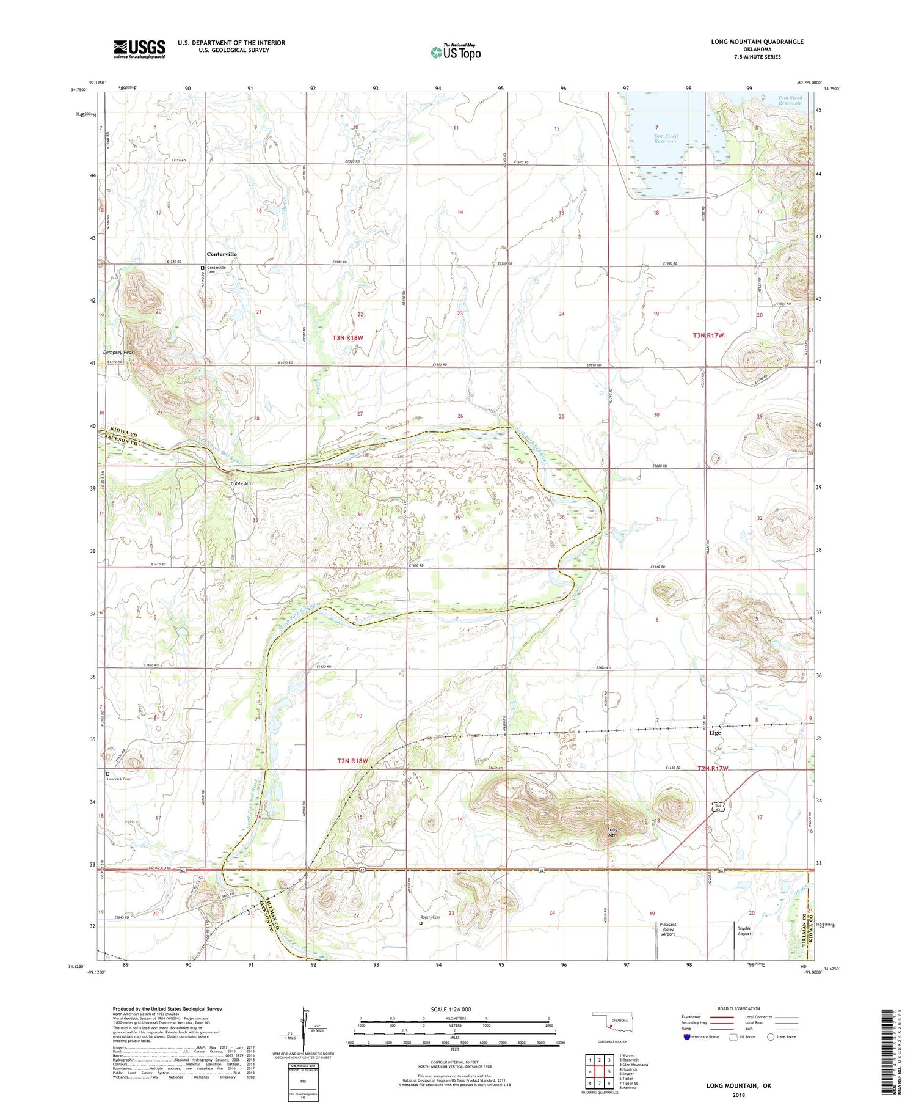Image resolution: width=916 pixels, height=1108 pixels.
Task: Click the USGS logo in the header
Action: pos(139,49)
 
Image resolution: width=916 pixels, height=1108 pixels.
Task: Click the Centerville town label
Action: pos(221,254)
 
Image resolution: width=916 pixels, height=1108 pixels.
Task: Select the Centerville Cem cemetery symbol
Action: pos(203,268)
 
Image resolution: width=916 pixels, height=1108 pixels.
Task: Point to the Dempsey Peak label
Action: pos(118,353)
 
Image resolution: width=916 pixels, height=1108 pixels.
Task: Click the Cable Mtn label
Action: pos(241,483)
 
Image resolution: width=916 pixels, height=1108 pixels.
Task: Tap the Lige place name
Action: pos(715,733)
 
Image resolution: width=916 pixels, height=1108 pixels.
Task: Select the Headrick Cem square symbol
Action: pos(108,774)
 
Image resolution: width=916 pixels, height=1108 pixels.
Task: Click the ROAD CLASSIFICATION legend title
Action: pos(739,1008)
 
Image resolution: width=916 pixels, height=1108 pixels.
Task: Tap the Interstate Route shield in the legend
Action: pos(687,1037)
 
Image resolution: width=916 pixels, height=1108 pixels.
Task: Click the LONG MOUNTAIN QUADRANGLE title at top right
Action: pos(757,42)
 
